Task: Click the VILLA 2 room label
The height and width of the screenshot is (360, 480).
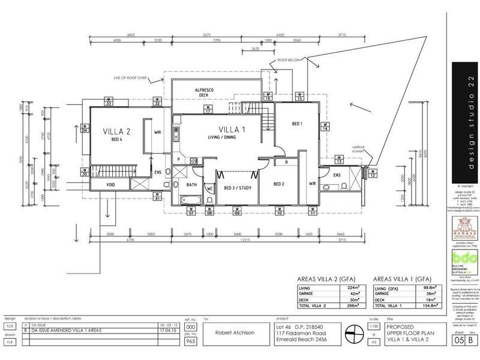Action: pos(116,131)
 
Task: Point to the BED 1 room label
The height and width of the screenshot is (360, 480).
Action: pos(296,124)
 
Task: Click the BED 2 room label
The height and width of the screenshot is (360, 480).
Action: pos(278,184)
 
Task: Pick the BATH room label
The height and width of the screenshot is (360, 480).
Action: pos(192,185)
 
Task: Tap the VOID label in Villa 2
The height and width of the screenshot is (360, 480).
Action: pos(110,185)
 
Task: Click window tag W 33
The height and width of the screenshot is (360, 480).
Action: pos(109,101)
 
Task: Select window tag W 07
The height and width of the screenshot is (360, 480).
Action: pos(192,211)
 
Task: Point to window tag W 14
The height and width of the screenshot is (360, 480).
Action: pos(325,126)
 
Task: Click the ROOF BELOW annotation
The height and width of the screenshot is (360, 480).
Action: pos(289,61)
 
